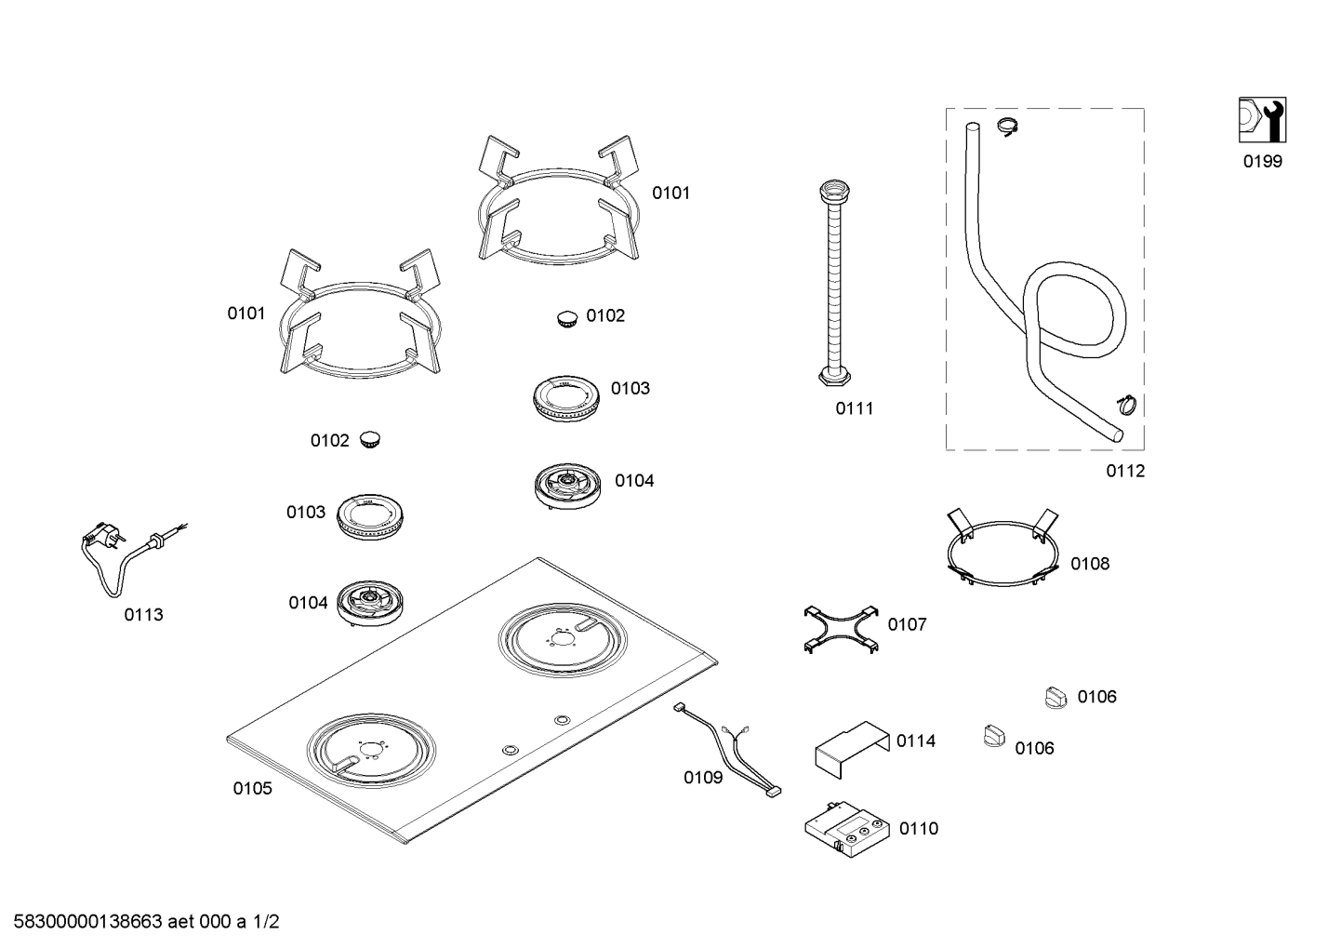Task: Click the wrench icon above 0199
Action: pyautogui.click(x=1262, y=120)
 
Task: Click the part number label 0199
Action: pyautogui.click(x=1262, y=162)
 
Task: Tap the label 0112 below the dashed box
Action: pyautogui.click(x=1124, y=472)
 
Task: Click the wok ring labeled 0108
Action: pyautogui.click(x=1002, y=554)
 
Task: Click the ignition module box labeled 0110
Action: pyautogui.click(x=847, y=825)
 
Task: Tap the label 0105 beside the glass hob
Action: pyautogui.click(x=252, y=789)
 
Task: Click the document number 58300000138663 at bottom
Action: pyautogui.click(x=89, y=922)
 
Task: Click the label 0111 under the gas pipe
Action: pyautogui.click(x=854, y=408)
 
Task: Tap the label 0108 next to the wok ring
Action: pyautogui.click(x=1089, y=564)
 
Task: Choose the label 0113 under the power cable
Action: pyautogui.click(x=143, y=615)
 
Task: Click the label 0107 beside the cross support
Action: pyautogui.click(x=907, y=625)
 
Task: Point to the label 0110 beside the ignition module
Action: pyautogui.click(x=919, y=829)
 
